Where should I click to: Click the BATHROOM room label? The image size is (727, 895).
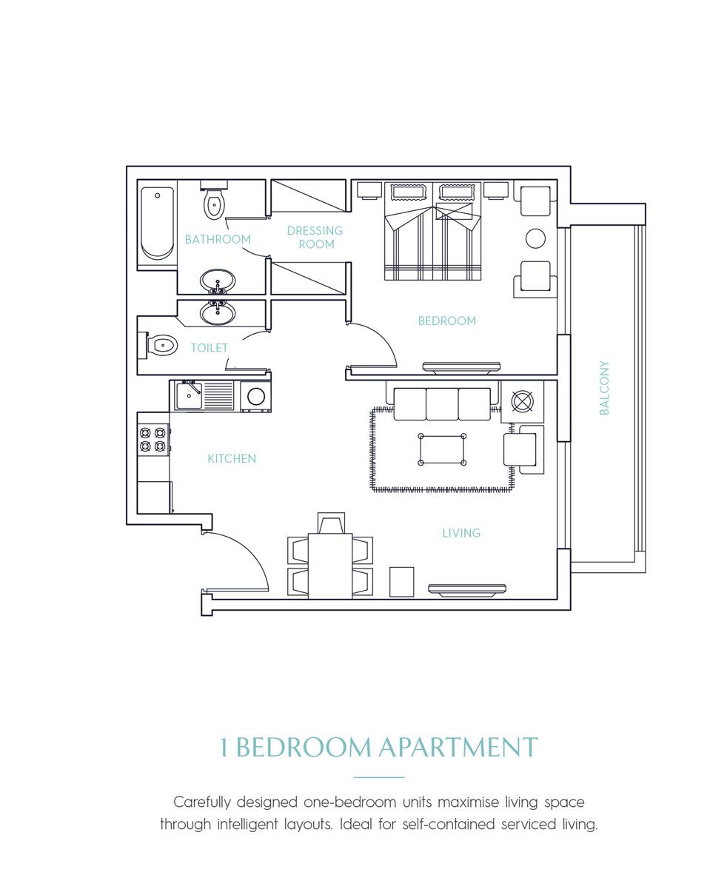218,239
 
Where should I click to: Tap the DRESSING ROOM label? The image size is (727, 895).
315,237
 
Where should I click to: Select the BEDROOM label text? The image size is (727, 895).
446,321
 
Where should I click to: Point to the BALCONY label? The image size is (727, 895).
604,387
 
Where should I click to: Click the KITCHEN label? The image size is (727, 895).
232,458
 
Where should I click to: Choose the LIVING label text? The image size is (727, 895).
461,532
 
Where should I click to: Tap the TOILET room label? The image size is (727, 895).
210,347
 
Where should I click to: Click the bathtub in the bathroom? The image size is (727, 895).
157,222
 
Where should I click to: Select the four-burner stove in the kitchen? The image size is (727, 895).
153,439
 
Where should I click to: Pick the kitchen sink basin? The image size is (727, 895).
189,395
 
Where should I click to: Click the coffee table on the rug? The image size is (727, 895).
443,449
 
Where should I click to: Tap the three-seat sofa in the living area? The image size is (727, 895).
442,403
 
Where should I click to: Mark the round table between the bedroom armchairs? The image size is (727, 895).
535,238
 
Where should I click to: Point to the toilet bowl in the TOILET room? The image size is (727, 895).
161,346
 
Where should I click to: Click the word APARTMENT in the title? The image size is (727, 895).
458,747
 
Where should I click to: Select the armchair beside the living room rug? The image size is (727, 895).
521,449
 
